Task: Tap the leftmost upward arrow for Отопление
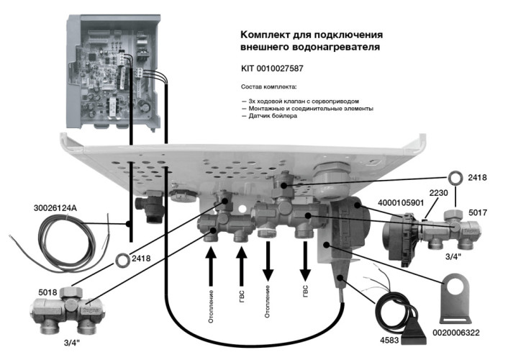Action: click(211, 266)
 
